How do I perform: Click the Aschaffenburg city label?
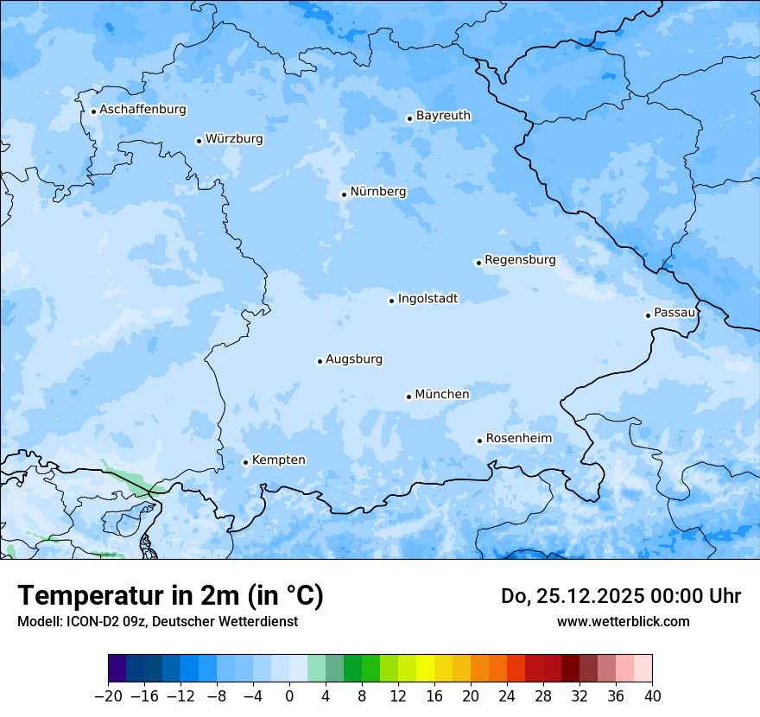[142, 110]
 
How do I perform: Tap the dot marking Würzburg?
[199, 141]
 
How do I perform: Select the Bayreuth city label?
[443, 116]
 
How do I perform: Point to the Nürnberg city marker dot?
[344, 194]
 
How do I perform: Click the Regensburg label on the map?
[520, 260]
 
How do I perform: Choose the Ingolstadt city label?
[427, 299]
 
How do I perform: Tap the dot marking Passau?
[648, 315]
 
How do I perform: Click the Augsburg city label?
[354, 359]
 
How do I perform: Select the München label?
[442, 395]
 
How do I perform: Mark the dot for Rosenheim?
[479, 441]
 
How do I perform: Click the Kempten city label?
[278, 460]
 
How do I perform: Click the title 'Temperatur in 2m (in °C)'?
[170, 595]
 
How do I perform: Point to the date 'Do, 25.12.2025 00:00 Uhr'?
[621, 596]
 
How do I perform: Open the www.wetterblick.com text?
[623, 621]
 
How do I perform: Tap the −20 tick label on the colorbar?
[108, 696]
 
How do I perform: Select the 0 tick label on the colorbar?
[289, 696]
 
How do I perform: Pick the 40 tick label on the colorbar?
[652, 696]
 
